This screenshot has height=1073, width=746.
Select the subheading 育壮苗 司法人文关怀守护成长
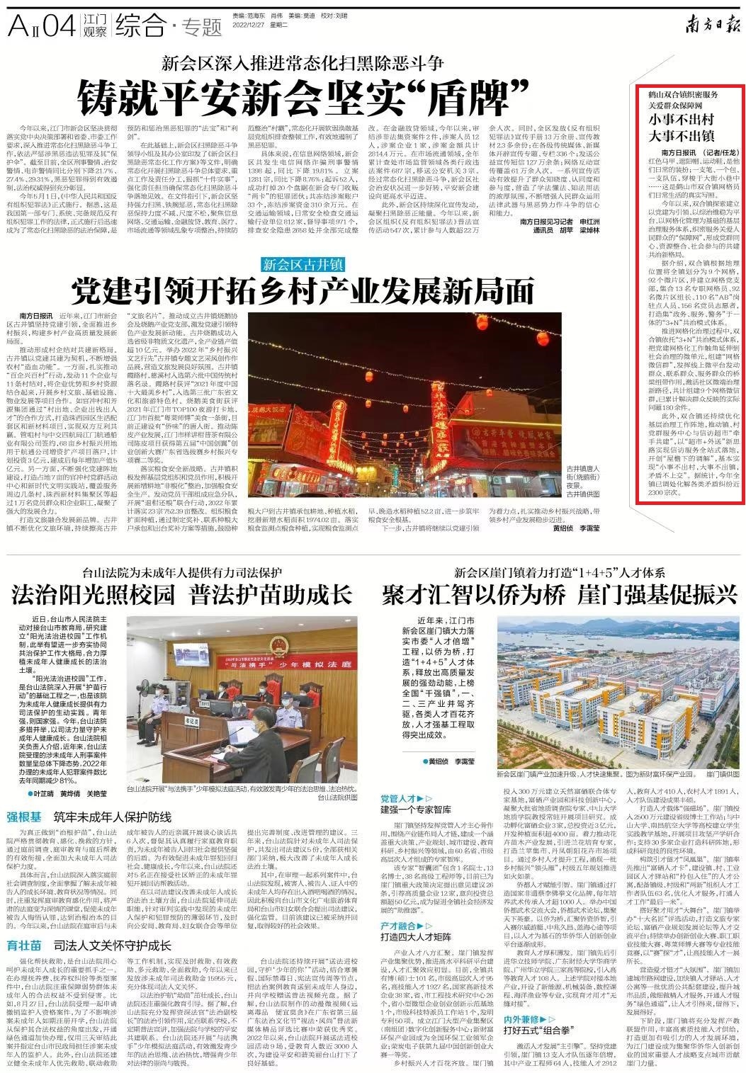tap(89, 945)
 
